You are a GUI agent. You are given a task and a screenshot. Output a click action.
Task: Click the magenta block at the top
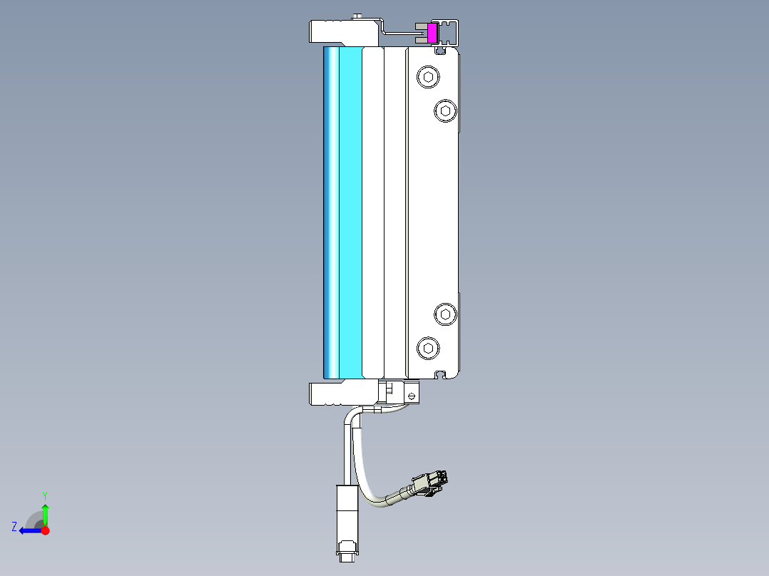point(432,33)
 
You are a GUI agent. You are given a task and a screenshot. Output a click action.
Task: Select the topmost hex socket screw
point(427,77)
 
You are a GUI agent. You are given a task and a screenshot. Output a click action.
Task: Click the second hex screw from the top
point(445,110)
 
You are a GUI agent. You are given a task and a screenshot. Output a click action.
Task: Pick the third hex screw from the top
point(445,314)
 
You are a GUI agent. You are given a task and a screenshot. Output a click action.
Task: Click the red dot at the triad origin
point(45,530)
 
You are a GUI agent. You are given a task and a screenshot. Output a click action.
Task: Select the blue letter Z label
point(14,526)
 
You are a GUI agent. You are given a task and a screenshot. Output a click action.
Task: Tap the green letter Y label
point(44,495)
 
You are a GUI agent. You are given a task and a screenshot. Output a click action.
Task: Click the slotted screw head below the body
point(410,394)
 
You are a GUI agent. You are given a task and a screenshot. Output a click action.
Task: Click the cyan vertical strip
point(349,212)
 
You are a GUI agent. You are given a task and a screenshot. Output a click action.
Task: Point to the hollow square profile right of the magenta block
point(449,32)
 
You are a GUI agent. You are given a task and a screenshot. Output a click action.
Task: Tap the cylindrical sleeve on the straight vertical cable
point(347,510)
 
